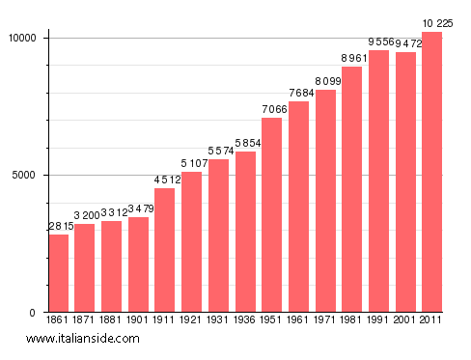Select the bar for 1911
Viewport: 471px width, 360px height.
165,250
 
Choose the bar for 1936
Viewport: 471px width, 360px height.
245,232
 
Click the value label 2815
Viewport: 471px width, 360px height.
60,226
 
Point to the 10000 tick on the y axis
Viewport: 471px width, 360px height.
22,38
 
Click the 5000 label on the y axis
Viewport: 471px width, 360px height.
26,175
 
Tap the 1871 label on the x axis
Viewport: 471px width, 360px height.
85,320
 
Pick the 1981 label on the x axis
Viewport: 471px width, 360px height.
352,320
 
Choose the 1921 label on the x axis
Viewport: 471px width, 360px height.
192,320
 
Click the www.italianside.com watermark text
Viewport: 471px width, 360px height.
83,339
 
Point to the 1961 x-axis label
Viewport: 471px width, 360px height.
298,320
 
